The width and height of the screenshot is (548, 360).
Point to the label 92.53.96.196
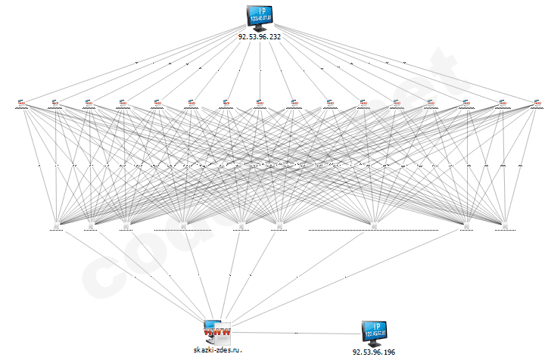click(374, 352)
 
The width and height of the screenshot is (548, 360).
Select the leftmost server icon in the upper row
click(20, 103)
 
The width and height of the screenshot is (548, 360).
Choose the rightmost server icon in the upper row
click(537, 103)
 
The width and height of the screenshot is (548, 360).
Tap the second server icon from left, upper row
click(54, 103)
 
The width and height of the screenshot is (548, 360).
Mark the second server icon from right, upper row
click(501, 103)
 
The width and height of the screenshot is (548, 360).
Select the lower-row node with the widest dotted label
click(373, 225)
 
